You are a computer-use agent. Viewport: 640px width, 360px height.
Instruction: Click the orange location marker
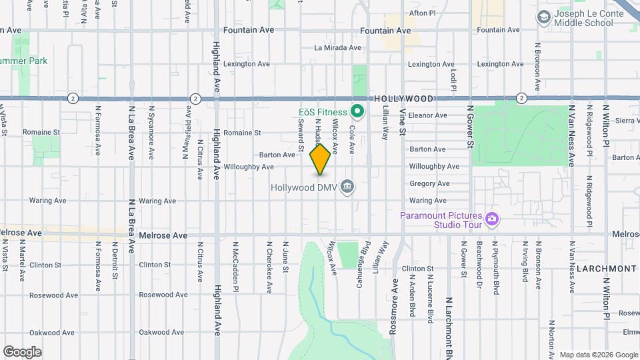point(321,159)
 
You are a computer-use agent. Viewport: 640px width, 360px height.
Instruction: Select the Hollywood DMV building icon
point(347,187)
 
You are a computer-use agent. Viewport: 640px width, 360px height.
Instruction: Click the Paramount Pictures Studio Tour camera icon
point(493,218)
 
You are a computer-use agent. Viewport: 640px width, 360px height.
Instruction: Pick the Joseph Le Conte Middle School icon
point(543,17)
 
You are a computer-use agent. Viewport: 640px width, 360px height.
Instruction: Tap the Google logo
point(22,352)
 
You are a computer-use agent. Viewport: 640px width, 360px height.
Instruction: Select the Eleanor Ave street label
point(427,115)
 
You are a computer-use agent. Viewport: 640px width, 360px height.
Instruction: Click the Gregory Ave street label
point(429,183)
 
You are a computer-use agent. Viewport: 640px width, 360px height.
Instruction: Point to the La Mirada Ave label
point(337,48)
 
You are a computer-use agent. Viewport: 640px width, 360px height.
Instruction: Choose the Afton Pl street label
point(422,13)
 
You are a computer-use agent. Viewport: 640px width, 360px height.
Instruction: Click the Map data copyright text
point(598,355)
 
